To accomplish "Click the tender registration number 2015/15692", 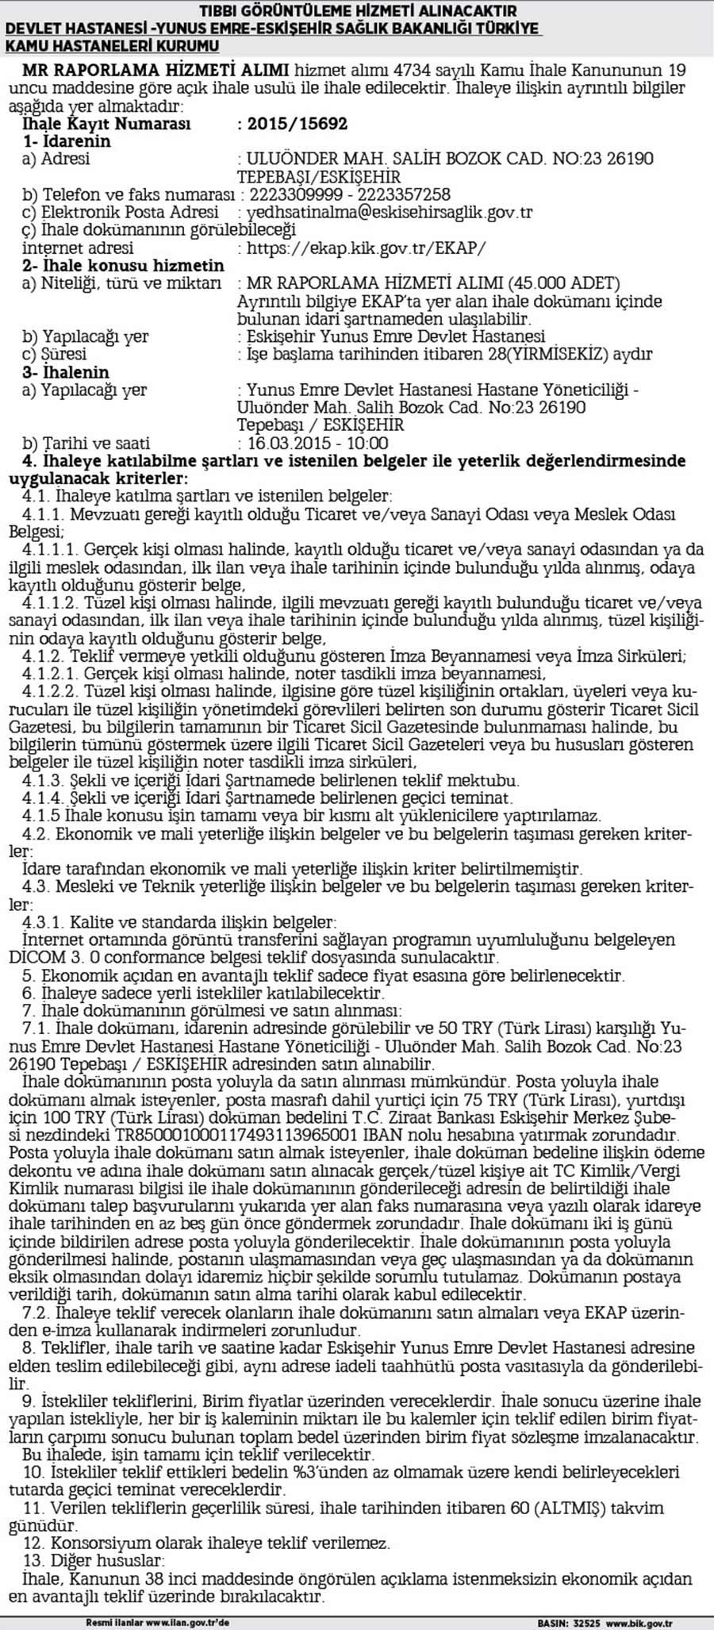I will [297, 124].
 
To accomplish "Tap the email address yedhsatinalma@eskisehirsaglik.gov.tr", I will [390, 213].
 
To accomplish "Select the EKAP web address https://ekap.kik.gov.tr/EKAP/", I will [366, 248].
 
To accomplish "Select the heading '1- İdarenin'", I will [67, 141].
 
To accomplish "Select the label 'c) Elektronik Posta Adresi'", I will [120, 213].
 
